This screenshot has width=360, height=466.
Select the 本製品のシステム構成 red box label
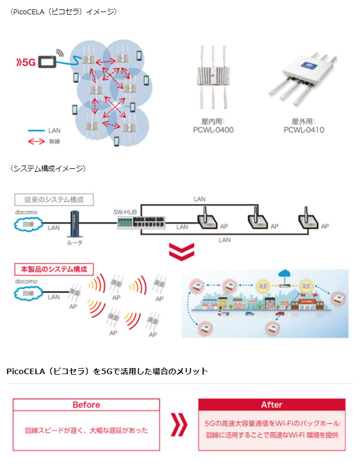tap(54, 270)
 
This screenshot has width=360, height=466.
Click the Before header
tap(86, 405)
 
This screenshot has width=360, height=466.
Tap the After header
tap(271, 405)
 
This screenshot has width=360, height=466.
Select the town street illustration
tap(265, 303)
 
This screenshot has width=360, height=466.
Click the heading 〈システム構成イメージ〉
tap(48, 168)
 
